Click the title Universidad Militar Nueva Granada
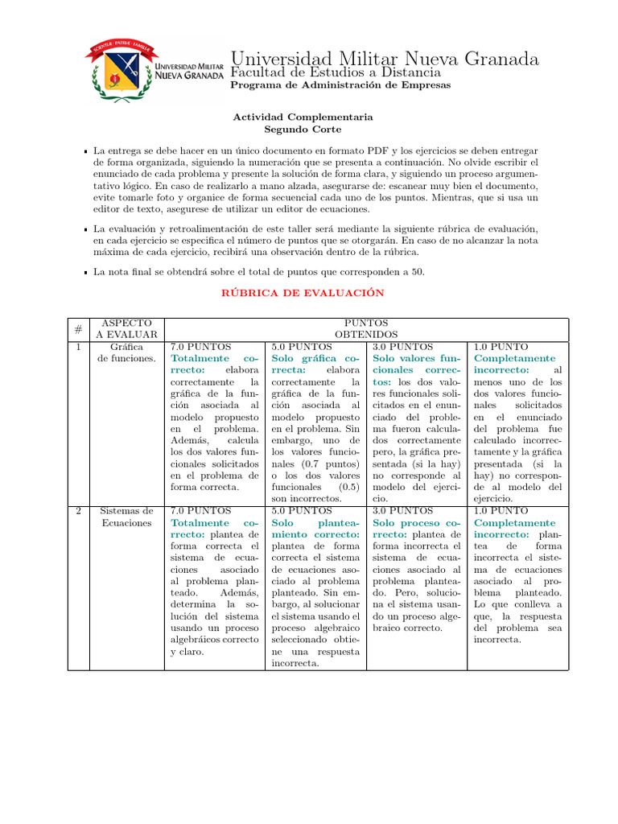click(385, 59)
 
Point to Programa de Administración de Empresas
click(340, 85)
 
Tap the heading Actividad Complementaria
click(303, 117)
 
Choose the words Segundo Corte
click(303, 129)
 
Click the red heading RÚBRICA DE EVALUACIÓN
click(303, 293)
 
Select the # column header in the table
click(78, 328)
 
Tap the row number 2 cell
click(78, 511)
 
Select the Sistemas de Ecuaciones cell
click(126, 517)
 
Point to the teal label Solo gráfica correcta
click(315, 364)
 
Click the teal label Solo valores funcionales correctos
click(417, 369)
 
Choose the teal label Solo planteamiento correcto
click(315, 528)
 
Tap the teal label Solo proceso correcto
click(417, 528)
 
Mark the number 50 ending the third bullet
click(418, 272)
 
